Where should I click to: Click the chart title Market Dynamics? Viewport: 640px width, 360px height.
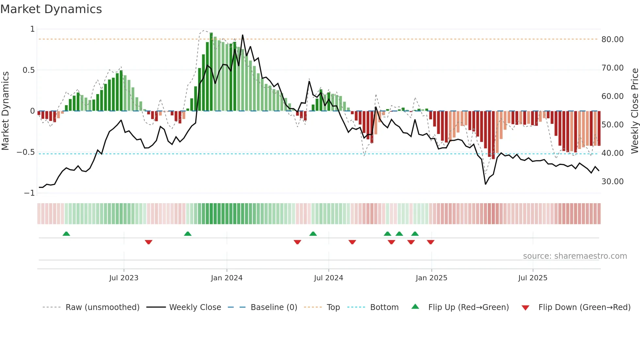pyautogui.click(x=51, y=9)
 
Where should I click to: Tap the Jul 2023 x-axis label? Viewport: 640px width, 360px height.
pyautogui.click(x=124, y=278)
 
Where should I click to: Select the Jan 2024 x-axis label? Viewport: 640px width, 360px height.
pyautogui.click(x=227, y=278)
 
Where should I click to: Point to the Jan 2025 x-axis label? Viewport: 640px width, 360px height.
pyautogui.click(x=431, y=278)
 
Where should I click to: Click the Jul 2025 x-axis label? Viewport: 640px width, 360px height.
pyautogui.click(x=533, y=278)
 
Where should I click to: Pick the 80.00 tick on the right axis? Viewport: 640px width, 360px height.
pyautogui.click(x=612, y=40)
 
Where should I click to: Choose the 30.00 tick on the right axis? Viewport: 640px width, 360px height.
pyautogui.click(x=612, y=182)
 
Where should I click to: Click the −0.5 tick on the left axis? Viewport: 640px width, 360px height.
pyautogui.click(x=26, y=152)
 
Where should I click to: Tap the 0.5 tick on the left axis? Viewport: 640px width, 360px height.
pyautogui.click(x=28, y=70)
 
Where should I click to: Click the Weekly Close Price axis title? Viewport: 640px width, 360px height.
pyautogui.click(x=634, y=111)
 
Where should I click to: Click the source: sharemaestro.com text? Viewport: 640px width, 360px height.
pyautogui.click(x=575, y=256)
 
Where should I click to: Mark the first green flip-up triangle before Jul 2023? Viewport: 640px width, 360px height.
pyautogui.click(x=66, y=234)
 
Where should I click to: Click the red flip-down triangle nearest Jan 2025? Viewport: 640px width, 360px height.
pyautogui.click(x=430, y=242)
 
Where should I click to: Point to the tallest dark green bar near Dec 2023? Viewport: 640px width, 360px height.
pyautogui.click(x=211, y=72)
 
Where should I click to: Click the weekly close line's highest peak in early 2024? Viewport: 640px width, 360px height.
pyautogui.click(x=243, y=35)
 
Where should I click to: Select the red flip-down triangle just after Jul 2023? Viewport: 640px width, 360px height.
pyautogui.click(x=149, y=242)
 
